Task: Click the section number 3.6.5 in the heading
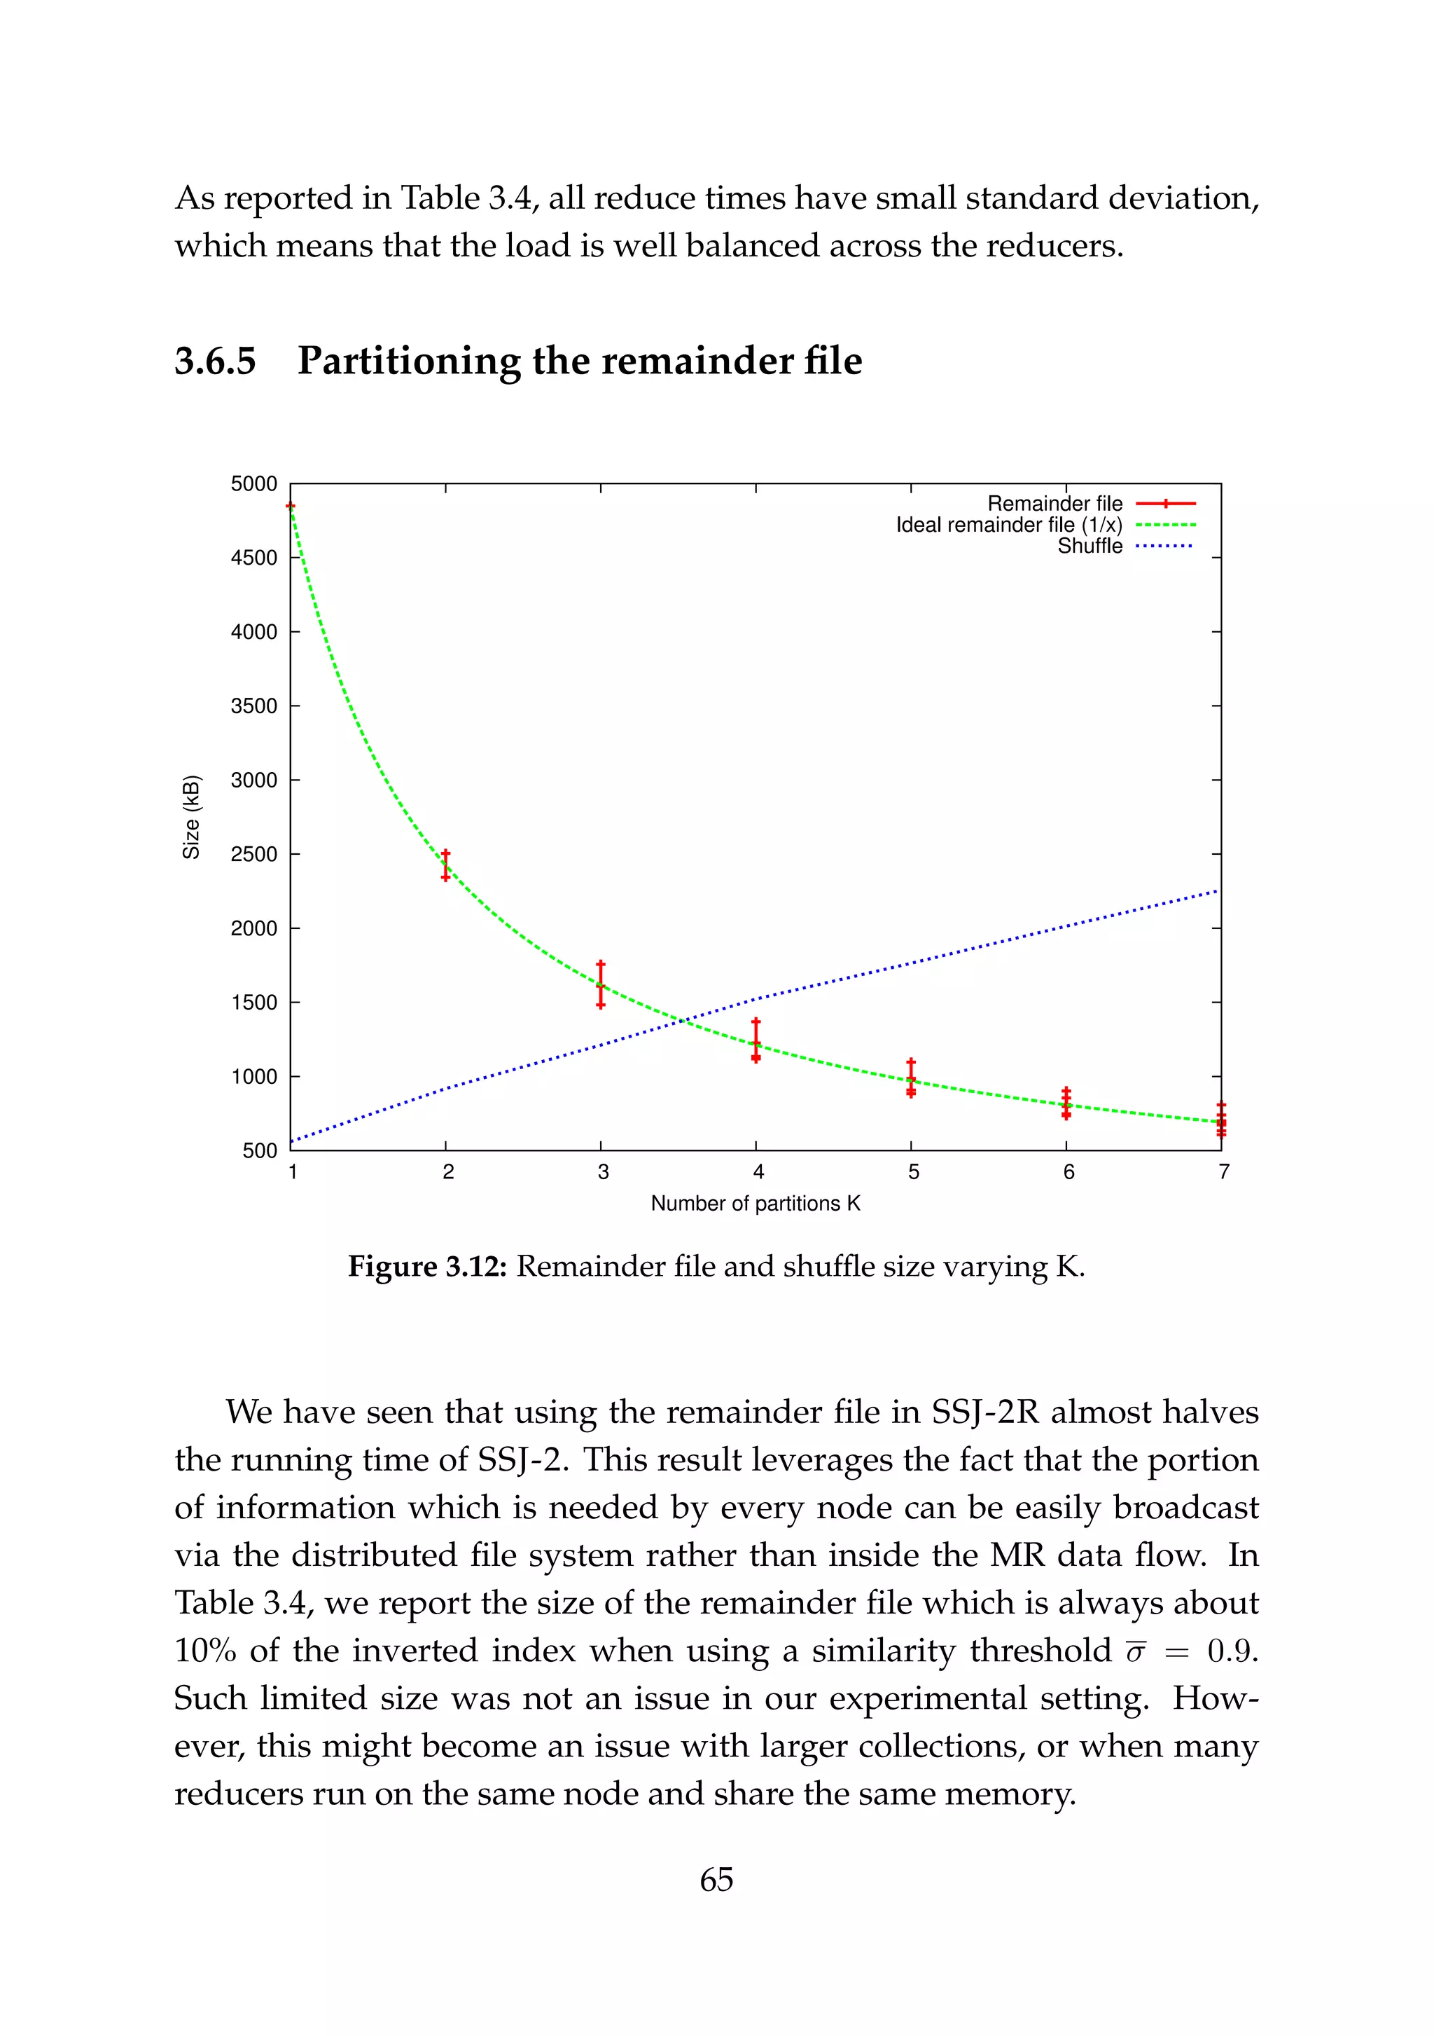coord(216,361)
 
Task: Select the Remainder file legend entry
coord(1054,504)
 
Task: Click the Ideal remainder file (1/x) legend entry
coord(1008,525)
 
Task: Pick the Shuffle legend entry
coord(1090,546)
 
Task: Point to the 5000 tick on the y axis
coord(253,484)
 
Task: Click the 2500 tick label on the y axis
coord(253,855)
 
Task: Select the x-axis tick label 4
coord(758,1172)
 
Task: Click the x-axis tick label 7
coord(1223,1172)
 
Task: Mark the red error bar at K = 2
coord(446,865)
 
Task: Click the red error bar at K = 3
coord(601,984)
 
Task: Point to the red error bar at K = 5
coord(911,1078)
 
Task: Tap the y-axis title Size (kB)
coord(190,817)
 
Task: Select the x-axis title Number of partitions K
coord(755,1204)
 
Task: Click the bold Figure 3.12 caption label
coord(426,1266)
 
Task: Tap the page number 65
coord(716,1879)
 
